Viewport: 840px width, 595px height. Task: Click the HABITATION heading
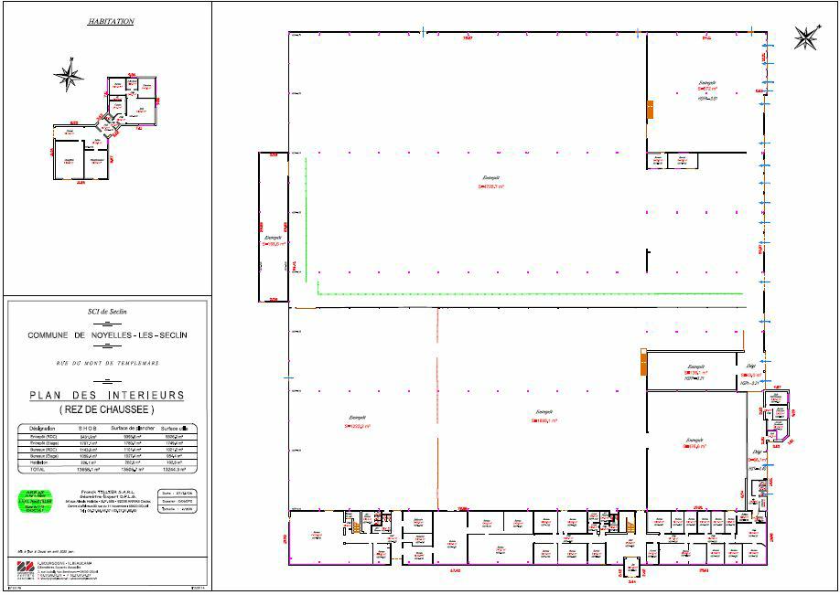click(x=111, y=20)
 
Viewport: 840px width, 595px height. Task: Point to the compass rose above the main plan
click(x=805, y=37)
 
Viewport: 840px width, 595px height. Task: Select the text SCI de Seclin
click(x=106, y=311)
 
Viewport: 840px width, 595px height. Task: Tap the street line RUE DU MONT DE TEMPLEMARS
click(x=106, y=364)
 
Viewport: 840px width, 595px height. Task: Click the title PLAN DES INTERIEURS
click(x=106, y=395)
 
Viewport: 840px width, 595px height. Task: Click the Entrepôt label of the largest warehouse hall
click(x=491, y=181)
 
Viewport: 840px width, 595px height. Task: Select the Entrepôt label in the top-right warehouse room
click(x=706, y=84)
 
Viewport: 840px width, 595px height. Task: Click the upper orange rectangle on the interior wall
click(x=650, y=109)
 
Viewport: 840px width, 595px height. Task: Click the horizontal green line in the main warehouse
click(x=531, y=293)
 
